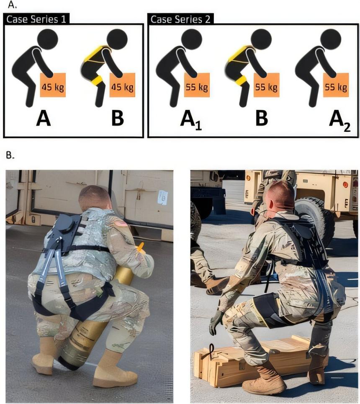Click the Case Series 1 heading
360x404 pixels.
36,19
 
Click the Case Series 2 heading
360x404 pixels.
180,19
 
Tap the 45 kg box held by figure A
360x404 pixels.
53,85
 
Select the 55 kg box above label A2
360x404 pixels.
336,85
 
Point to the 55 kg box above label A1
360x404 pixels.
197,85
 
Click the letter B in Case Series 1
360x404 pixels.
118,118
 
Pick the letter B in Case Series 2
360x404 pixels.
262,118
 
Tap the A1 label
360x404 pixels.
191,120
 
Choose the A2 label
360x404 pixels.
340,121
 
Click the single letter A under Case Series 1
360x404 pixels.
43,118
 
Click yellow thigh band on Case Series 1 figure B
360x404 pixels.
98,80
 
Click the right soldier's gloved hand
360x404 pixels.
216,322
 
